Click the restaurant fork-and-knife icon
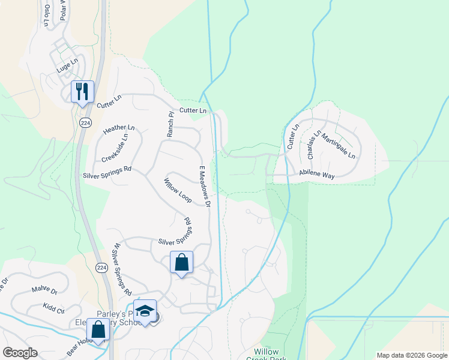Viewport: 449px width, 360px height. click(x=82, y=91)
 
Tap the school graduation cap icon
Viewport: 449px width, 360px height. click(x=145, y=311)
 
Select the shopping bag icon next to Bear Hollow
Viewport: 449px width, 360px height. click(x=98, y=329)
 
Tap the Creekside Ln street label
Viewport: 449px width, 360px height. click(x=115, y=148)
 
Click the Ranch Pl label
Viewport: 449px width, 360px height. click(x=170, y=124)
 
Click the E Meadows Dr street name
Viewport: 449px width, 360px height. click(x=203, y=187)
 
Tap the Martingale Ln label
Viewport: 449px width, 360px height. click(x=337, y=146)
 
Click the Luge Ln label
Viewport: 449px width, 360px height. click(x=67, y=62)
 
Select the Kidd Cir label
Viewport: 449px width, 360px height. click(x=53, y=307)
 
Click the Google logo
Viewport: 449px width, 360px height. click(x=20, y=353)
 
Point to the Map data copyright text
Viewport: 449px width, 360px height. click(x=412, y=355)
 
